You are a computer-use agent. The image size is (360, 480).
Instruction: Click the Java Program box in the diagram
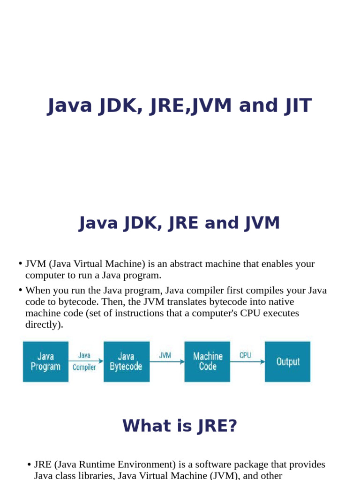point(45,361)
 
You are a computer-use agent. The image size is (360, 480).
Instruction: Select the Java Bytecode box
point(126,361)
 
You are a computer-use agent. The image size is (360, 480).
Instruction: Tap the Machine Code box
point(208,361)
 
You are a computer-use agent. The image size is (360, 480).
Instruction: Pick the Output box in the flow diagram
point(287,361)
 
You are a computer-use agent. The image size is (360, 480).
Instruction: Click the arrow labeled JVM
point(167,361)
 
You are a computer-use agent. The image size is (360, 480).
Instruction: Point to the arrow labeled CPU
point(247,361)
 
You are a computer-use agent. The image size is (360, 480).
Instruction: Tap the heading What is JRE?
point(180,426)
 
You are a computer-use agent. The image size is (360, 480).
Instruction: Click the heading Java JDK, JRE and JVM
point(180,223)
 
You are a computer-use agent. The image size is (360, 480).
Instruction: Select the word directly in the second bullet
point(44,324)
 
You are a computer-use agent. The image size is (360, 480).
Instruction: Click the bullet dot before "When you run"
point(21,290)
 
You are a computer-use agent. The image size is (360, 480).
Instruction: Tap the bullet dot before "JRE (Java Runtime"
point(30,465)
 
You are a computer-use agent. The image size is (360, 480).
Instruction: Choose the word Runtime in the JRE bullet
point(98,465)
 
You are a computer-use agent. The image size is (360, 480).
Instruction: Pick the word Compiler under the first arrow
point(84,367)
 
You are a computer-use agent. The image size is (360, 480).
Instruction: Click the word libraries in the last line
point(94,476)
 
